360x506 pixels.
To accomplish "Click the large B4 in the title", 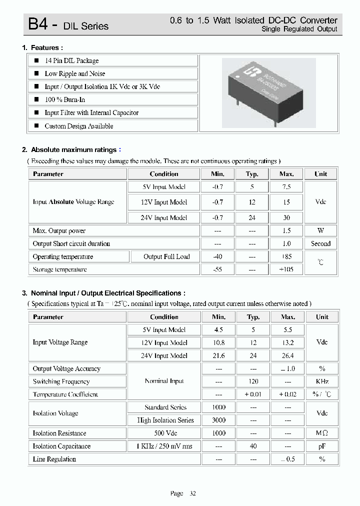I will (x=38, y=24).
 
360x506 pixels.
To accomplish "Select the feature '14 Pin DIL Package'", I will (x=71, y=60).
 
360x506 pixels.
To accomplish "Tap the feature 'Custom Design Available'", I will (x=78, y=126).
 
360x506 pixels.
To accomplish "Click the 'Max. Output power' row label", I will (x=59, y=230).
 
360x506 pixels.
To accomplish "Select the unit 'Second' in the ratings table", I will (x=320, y=243).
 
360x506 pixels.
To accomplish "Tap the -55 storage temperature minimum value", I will (x=217, y=269).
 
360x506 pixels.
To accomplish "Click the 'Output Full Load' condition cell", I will (x=166, y=256).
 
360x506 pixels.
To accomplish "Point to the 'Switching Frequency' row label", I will (x=61, y=381).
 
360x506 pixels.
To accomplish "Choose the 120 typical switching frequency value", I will (x=253, y=381).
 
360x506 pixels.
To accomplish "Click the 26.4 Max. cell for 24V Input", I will (x=288, y=355).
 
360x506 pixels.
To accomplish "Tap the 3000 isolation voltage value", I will (x=218, y=420).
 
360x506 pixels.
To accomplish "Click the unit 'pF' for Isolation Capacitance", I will (x=322, y=446).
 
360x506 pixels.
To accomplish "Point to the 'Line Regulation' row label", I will (x=54, y=459).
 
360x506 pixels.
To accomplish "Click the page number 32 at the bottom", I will (x=192, y=493).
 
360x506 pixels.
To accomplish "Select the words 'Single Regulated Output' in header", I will (x=299, y=29).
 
